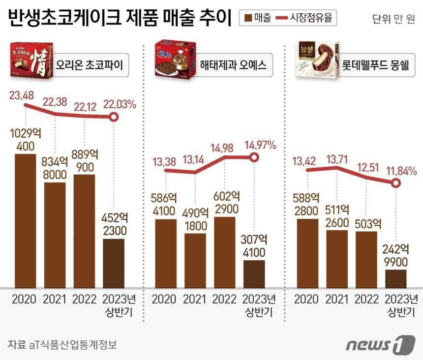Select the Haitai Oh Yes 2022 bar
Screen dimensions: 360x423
(x=225, y=252)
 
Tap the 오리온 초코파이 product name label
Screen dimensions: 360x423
(x=89, y=65)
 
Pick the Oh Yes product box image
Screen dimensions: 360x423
(x=175, y=59)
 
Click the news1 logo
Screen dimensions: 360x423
(x=380, y=344)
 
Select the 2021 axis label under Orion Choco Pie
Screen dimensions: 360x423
(x=55, y=299)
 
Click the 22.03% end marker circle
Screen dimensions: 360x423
(x=114, y=117)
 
